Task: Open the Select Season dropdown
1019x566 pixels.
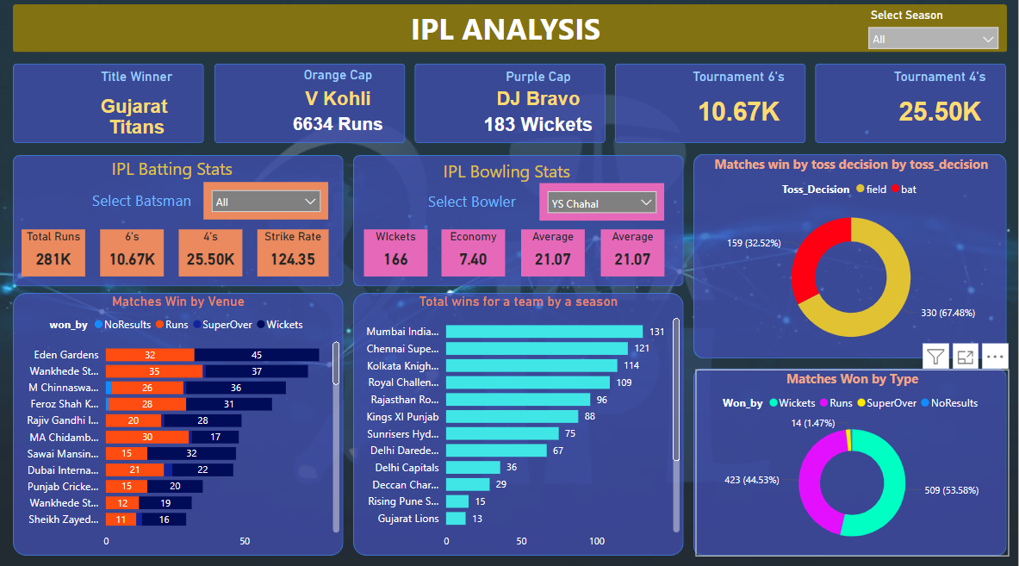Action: pyautogui.click(x=933, y=39)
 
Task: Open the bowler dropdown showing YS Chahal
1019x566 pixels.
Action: pyautogui.click(x=602, y=203)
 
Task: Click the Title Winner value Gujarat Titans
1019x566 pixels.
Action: pyautogui.click(x=135, y=116)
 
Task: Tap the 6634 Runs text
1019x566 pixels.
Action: pyautogui.click(x=338, y=124)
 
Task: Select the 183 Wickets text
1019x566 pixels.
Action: pyautogui.click(x=537, y=124)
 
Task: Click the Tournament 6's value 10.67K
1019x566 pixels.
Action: pyautogui.click(x=739, y=111)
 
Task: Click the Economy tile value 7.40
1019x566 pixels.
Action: pyautogui.click(x=473, y=258)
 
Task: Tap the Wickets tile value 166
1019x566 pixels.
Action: pyautogui.click(x=395, y=258)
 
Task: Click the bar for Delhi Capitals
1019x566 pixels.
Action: pyautogui.click(x=473, y=467)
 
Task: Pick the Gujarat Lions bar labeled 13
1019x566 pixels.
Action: pyautogui.click(x=456, y=519)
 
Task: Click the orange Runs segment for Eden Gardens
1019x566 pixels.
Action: pyautogui.click(x=150, y=355)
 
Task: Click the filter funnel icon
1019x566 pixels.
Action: pyautogui.click(x=936, y=356)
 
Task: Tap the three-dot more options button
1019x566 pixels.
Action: pyautogui.click(x=994, y=356)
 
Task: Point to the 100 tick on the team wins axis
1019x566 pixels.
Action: pyautogui.click(x=597, y=541)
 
